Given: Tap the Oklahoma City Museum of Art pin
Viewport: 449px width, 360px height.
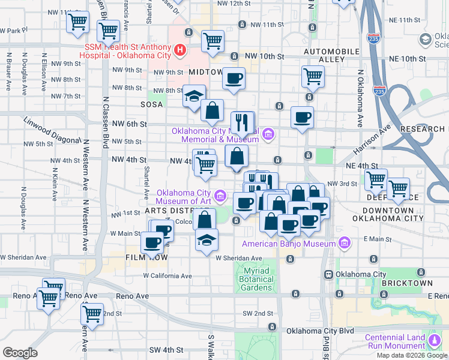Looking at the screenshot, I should pos(221,195).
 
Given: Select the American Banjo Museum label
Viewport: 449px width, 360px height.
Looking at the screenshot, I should pos(289,244).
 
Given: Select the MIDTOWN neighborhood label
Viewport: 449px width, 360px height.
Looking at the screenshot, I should pos(205,72).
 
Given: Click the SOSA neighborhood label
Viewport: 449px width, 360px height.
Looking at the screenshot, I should pos(151,104).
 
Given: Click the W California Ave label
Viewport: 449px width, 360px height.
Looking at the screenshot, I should pos(167,275).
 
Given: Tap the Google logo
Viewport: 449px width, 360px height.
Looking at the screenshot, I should pos(20,352).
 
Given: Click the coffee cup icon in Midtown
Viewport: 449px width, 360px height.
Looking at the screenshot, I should pos(234,78).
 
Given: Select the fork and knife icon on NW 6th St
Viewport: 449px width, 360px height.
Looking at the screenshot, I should pos(243,123).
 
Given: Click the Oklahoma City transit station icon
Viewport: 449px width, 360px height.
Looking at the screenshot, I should pos(329,274).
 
